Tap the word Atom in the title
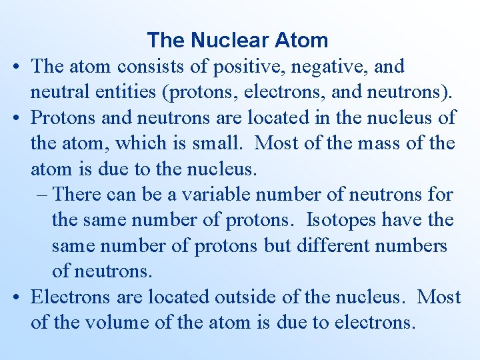coord(299,40)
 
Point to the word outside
coord(249,297)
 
